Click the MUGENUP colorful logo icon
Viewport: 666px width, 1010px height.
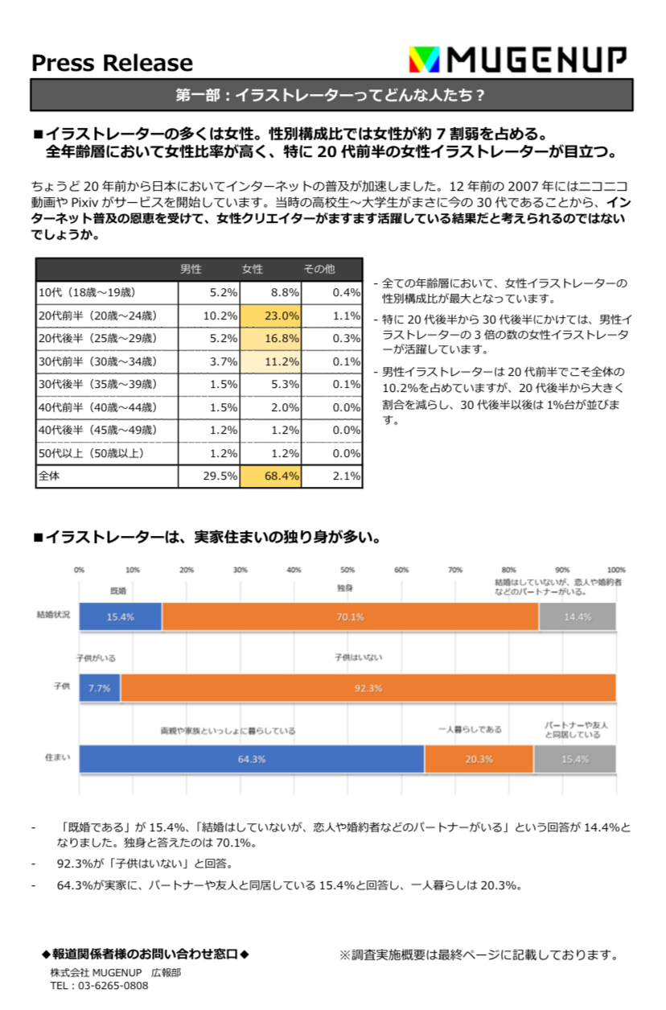tap(425, 60)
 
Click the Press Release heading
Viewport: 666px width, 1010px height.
tap(112, 63)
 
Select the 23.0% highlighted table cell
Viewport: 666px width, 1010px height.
tap(271, 315)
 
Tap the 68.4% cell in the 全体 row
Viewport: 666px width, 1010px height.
tap(271, 476)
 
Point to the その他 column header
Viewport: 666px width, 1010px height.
tap(319, 269)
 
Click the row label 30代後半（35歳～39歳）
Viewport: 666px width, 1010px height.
tap(97, 384)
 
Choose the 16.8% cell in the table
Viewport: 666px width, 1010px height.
tap(271, 338)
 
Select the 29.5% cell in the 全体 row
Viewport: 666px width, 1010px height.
tap(209, 476)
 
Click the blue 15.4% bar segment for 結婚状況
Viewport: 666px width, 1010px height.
tap(120, 616)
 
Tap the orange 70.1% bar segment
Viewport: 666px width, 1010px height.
tap(350, 616)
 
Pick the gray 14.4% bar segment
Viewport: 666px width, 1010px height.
tap(577, 616)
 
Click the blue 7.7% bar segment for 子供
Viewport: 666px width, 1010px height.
tap(99, 688)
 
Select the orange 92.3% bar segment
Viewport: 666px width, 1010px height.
tap(368, 688)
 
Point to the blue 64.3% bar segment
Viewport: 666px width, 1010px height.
tap(251, 759)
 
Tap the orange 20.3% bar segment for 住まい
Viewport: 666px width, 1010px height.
tap(479, 759)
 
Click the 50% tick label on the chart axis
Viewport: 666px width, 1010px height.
tap(347, 570)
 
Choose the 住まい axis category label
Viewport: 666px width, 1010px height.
tap(56, 758)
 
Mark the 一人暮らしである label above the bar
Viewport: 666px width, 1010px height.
tap(470, 729)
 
